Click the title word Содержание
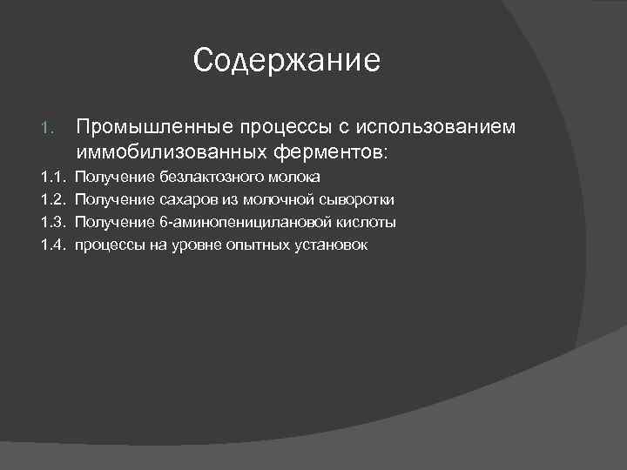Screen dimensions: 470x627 (x=287, y=61)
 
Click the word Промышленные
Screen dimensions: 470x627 (x=152, y=127)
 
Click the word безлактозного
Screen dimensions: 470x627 (x=208, y=178)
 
